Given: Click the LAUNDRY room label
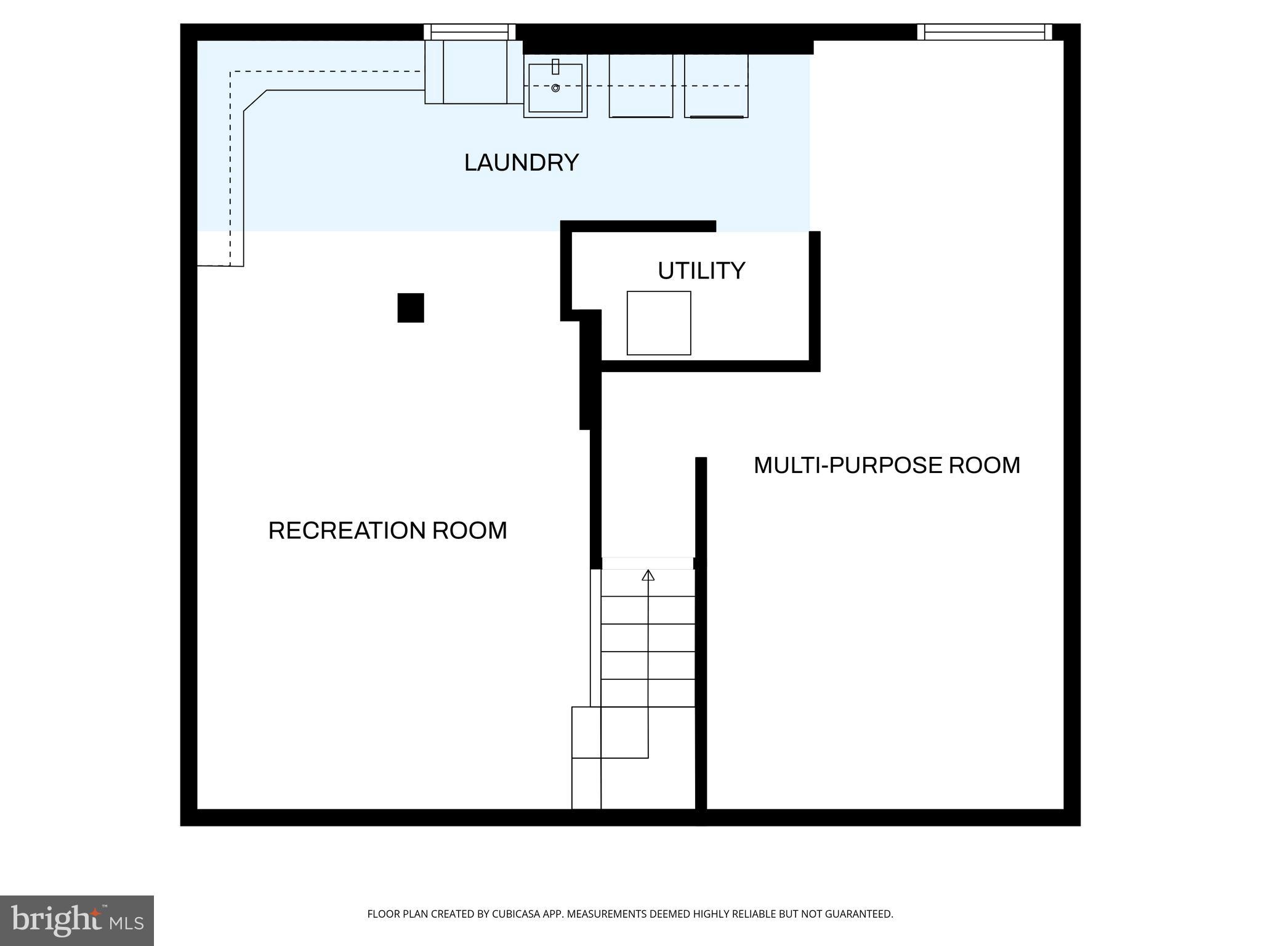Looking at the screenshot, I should pyautogui.click(x=521, y=163).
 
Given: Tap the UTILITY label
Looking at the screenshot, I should pyautogui.click(x=701, y=271).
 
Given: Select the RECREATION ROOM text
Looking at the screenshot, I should pyautogui.click(x=387, y=530).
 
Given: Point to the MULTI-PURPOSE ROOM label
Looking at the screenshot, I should pyautogui.click(x=887, y=465).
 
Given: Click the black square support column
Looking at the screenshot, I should pyautogui.click(x=411, y=307).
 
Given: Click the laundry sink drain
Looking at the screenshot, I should pyautogui.click(x=555, y=88).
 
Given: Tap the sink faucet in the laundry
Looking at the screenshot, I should pyautogui.click(x=555, y=66).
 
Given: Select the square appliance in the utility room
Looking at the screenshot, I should pyautogui.click(x=659, y=323).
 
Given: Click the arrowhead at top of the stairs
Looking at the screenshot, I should pyautogui.click(x=648, y=575).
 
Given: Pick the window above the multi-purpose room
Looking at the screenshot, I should pyautogui.click(x=984, y=32).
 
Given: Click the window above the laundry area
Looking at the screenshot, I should pyautogui.click(x=469, y=32).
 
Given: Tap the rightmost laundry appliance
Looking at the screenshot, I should pyautogui.click(x=716, y=86).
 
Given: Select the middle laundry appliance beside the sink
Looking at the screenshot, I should pyautogui.click(x=640, y=86).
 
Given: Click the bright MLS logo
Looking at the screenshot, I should pyautogui.click(x=77, y=920).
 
